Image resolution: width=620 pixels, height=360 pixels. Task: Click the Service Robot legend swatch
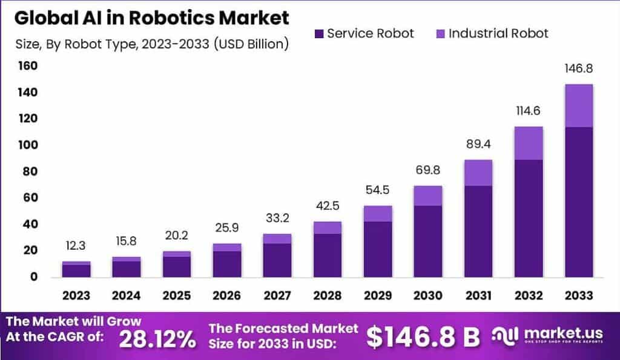point(319,34)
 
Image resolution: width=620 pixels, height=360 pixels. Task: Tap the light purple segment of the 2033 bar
point(578,105)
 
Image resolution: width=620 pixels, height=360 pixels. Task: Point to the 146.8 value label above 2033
point(578,69)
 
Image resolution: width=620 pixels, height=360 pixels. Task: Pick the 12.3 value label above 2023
point(76,246)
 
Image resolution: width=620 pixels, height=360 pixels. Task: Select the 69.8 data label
point(427,170)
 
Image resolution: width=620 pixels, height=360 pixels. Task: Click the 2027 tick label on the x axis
point(277,296)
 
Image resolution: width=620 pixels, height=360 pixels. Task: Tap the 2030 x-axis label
point(427,296)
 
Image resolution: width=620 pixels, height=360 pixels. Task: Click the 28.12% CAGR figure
point(157,338)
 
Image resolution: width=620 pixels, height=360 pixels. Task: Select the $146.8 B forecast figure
point(423,337)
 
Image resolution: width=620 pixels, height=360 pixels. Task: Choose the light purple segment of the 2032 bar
point(528,143)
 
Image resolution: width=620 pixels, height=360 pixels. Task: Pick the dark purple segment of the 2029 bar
point(377,249)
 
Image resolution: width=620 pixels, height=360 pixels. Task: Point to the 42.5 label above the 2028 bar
point(327,206)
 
